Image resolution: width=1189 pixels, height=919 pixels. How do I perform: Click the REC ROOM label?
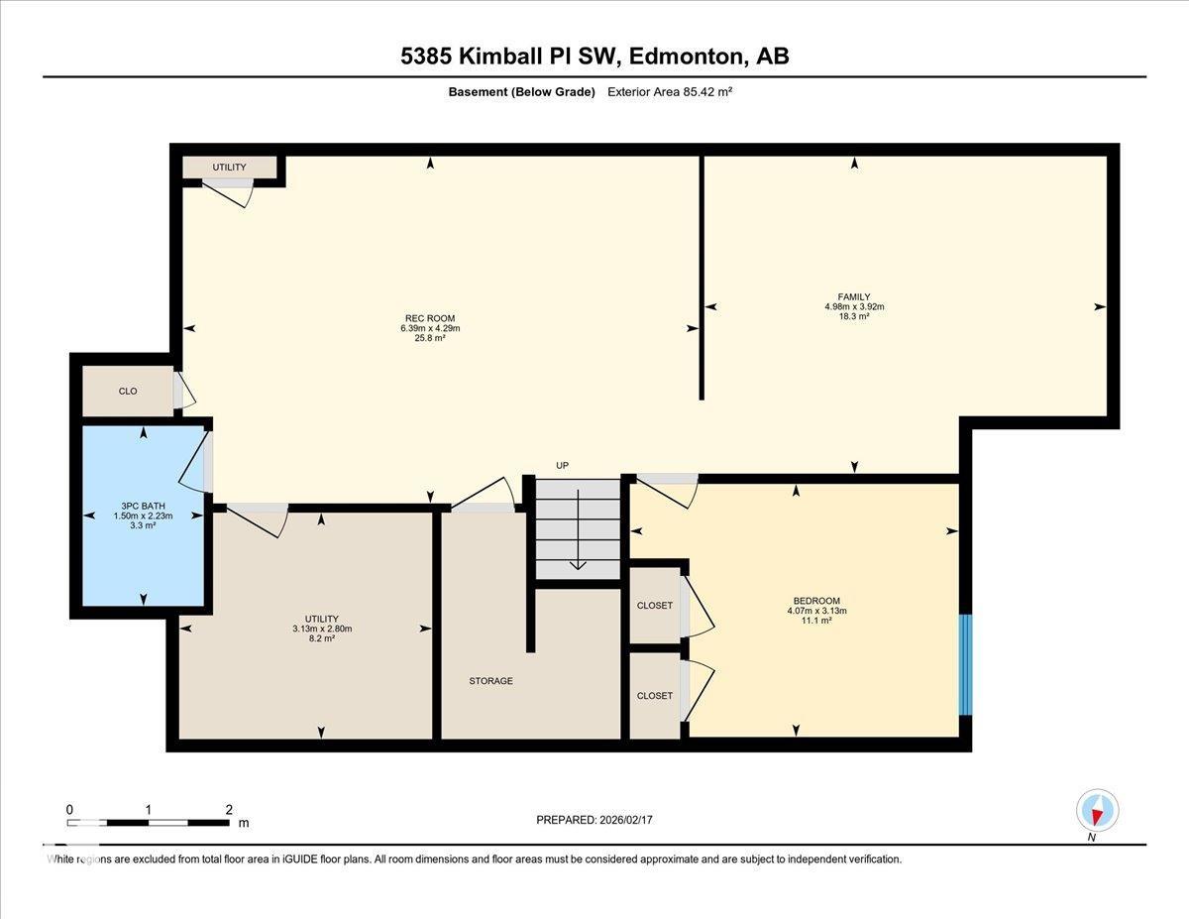[x=429, y=318]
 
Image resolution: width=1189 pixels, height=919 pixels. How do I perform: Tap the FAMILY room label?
[x=853, y=296]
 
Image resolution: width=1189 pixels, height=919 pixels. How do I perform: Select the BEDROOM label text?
[x=816, y=601]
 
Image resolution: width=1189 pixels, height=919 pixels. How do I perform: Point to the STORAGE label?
[x=490, y=681]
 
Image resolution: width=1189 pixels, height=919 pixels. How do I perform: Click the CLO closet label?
[x=128, y=392]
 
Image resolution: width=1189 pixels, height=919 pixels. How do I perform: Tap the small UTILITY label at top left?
[x=229, y=168]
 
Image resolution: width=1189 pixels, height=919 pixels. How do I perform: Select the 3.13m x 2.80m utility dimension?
[x=322, y=629]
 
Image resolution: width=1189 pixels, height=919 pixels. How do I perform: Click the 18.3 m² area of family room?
[x=853, y=317]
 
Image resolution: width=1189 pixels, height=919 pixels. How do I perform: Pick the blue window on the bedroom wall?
[x=965, y=664]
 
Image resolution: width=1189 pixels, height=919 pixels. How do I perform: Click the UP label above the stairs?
[x=562, y=466]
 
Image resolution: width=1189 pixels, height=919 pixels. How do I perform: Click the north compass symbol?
[x=1097, y=811]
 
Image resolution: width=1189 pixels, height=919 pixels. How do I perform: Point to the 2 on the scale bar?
[x=229, y=809]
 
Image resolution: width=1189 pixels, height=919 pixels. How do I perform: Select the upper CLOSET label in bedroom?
[x=654, y=606]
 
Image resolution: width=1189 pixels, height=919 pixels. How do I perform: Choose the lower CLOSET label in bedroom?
[x=654, y=696]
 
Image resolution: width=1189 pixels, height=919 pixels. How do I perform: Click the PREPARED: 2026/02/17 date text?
[x=595, y=820]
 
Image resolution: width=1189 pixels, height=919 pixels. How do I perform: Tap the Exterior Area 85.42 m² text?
[x=669, y=92]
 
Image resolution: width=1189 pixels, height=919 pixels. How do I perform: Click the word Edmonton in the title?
[x=685, y=57]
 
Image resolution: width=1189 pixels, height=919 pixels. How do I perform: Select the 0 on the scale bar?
[x=69, y=809]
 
